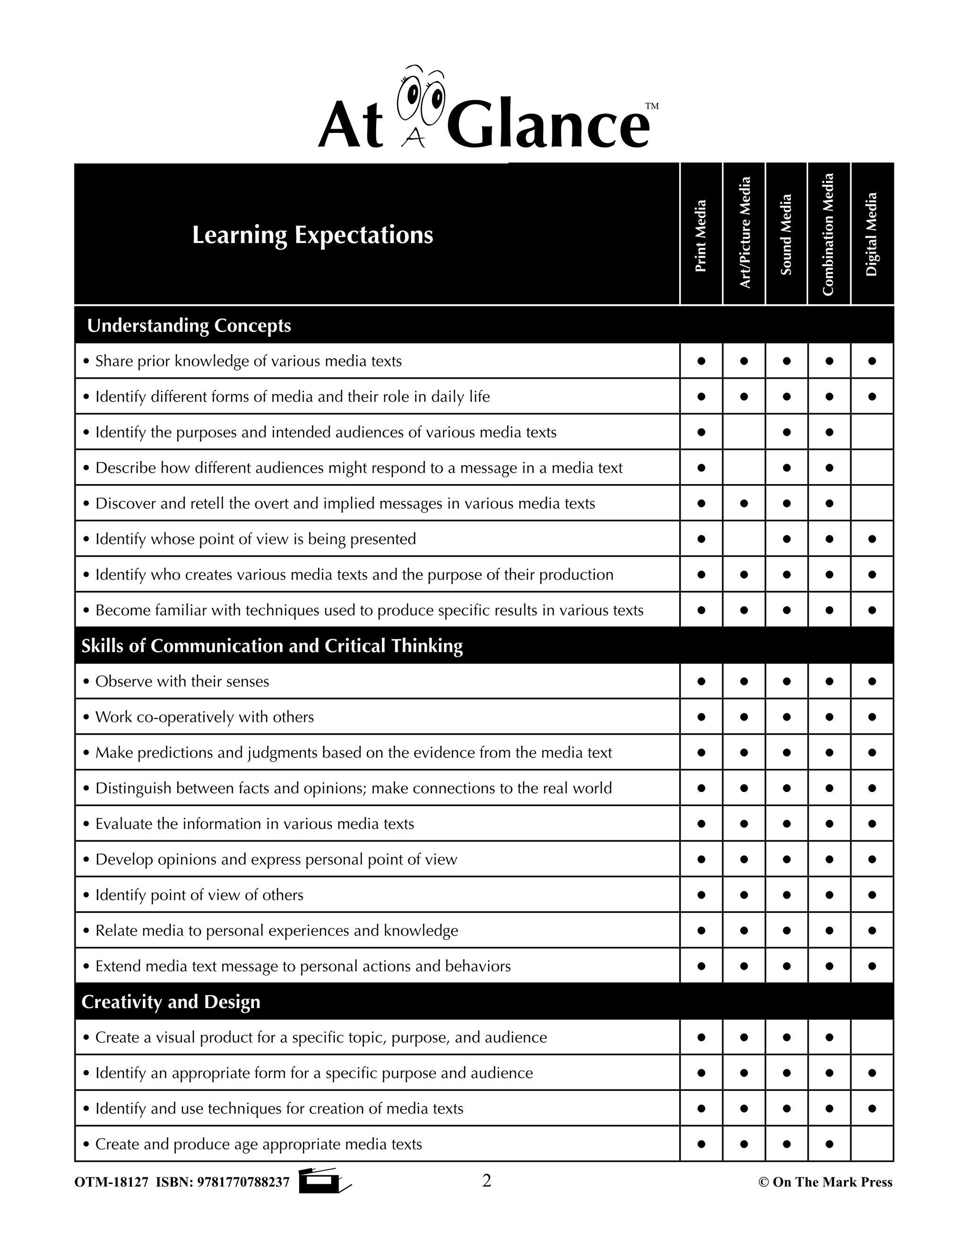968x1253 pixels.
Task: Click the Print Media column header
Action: click(701, 235)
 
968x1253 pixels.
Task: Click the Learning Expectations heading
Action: click(312, 235)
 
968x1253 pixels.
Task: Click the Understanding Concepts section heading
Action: click(189, 326)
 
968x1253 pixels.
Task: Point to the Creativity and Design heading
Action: click(171, 1002)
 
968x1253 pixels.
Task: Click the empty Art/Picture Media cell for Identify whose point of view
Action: click(744, 539)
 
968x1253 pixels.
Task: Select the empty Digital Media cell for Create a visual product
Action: click(872, 1037)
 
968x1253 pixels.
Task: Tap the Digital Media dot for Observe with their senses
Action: click(872, 681)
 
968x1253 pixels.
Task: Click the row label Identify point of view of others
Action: click(199, 895)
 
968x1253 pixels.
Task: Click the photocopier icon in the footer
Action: click(324, 1181)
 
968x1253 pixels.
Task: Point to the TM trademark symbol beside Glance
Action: click(652, 106)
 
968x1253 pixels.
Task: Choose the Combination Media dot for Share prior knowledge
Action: click(829, 361)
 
